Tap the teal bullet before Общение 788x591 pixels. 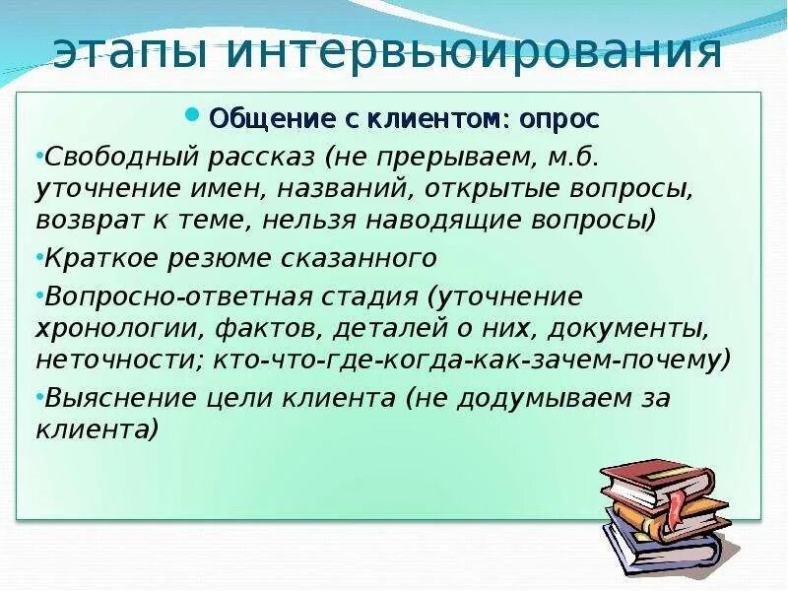click(x=193, y=115)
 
